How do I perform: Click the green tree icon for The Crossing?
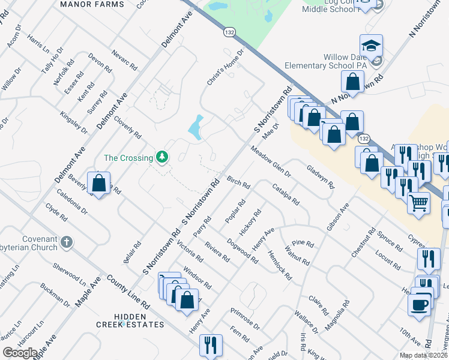(x=161, y=158)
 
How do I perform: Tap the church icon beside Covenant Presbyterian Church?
(x=66, y=243)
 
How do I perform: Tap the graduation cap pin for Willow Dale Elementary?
(x=372, y=45)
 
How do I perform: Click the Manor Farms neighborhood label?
(x=92, y=4)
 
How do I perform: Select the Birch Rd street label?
(x=238, y=182)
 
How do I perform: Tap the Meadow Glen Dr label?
(x=271, y=161)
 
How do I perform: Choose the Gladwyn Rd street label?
(x=319, y=178)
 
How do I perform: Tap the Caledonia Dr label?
(x=72, y=203)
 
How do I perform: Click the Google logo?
(x=20, y=352)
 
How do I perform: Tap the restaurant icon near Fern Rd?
(x=211, y=345)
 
